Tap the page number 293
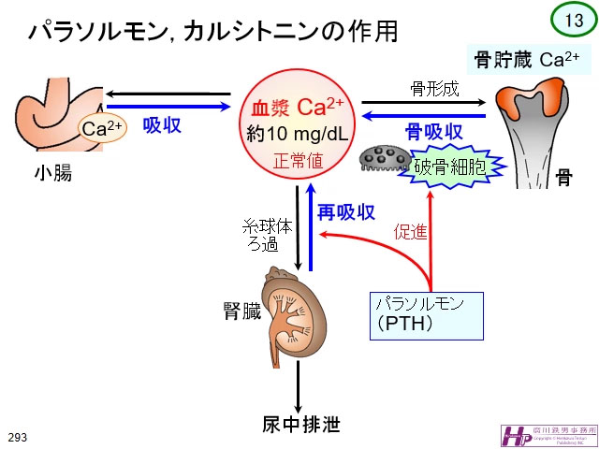pos(18,437)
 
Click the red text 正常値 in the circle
pos(298,160)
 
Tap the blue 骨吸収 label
pos(433,131)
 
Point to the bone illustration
pos(533,131)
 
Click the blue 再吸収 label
pos(345,212)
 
